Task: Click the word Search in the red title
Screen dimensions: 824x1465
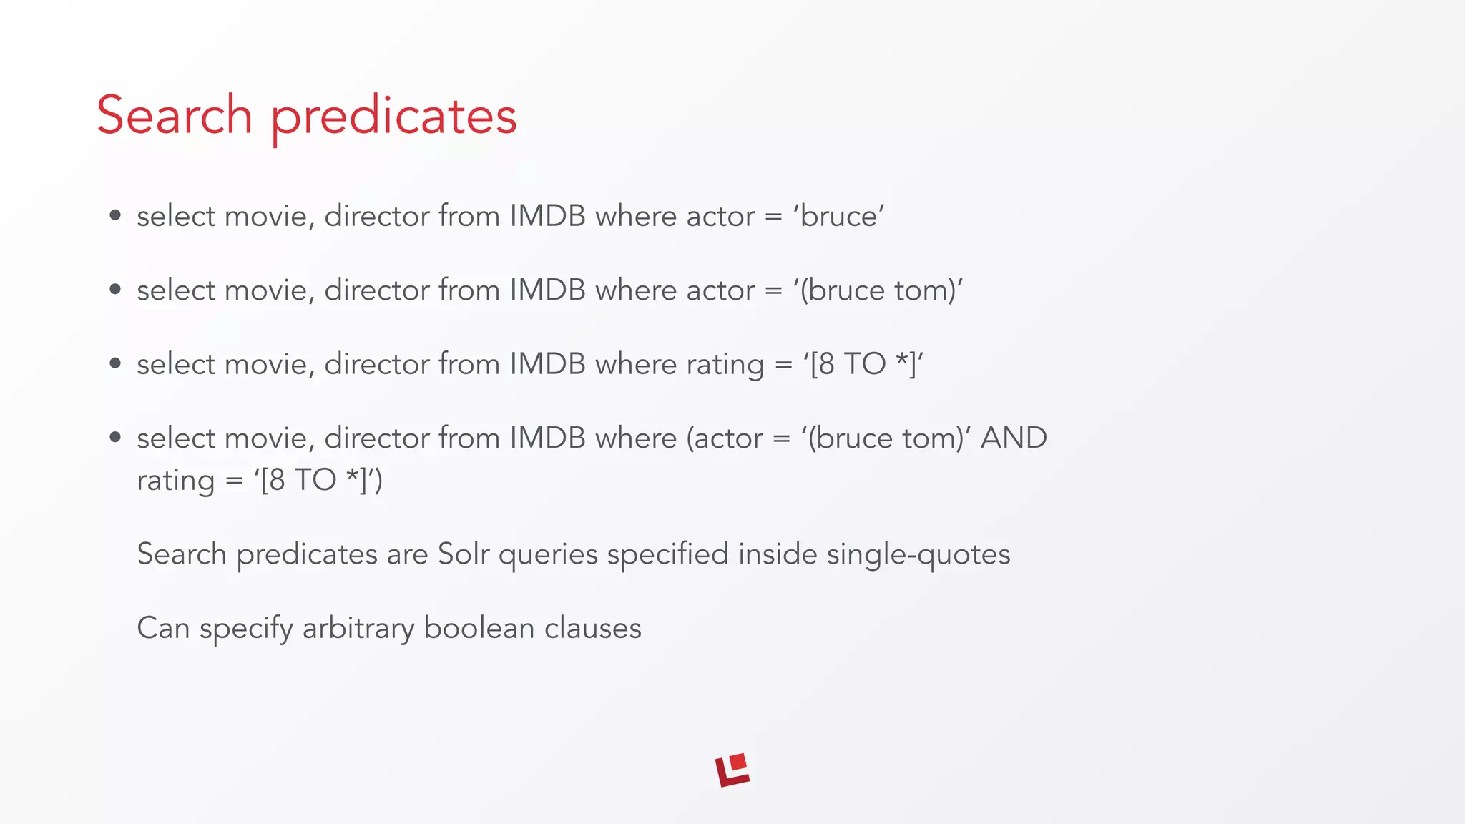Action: (x=175, y=115)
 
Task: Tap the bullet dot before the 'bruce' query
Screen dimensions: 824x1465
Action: (x=115, y=216)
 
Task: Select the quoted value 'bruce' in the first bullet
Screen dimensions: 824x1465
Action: (x=838, y=216)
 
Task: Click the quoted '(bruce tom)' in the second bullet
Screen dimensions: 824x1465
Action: (x=878, y=290)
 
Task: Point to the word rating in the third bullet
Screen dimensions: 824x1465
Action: (x=725, y=365)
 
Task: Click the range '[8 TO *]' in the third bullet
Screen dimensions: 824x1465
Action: (x=863, y=364)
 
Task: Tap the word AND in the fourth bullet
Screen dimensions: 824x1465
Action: (x=1014, y=438)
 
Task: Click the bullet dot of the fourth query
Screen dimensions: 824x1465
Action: (x=115, y=438)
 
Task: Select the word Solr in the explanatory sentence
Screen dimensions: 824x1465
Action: (x=463, y=554)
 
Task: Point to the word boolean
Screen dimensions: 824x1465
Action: (x=479, y=628)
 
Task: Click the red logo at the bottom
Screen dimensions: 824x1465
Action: (x=732, y=770)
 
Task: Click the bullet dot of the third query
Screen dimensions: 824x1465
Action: (x=115, y=364)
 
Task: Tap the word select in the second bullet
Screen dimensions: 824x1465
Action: (x=176, y=290)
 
